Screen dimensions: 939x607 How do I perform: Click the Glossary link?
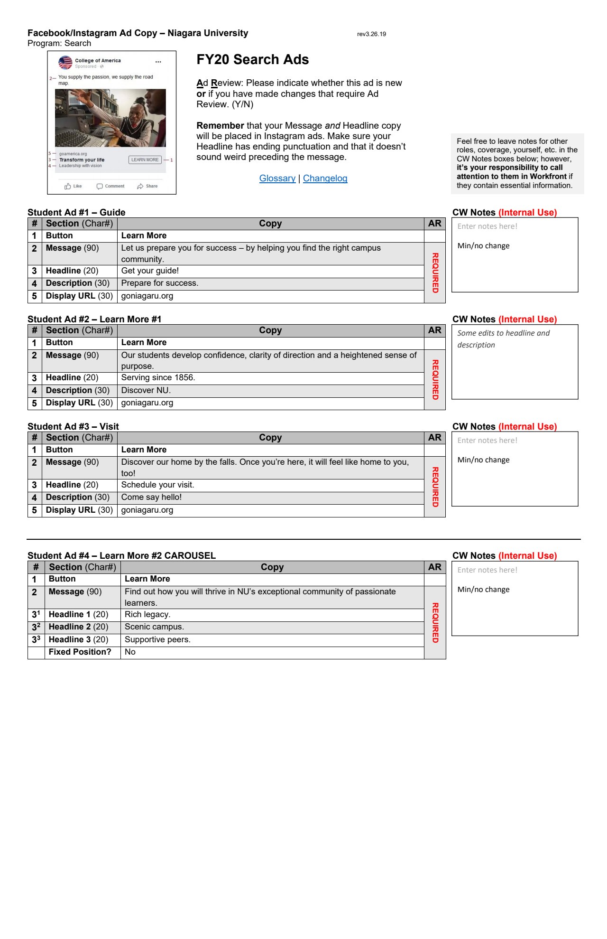[277, 178]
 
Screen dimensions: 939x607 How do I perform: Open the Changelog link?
[325, 178]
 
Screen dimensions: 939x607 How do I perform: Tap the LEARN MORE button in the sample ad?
[145, 160]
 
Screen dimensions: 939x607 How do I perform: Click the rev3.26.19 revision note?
[371, 34]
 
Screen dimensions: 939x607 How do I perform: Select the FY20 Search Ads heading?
[252, 60]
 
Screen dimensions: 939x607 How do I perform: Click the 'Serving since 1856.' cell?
[158, 378]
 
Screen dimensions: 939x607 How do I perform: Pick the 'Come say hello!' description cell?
[151, 498]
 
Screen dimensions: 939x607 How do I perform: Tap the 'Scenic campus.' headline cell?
[154, 627]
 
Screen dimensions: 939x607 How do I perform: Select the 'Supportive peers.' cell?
[157, 640]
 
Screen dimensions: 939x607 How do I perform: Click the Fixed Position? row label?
[80, 652]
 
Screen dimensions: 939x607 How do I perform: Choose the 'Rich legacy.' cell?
[147, 615]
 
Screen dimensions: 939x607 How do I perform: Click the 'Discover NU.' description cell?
[146, 391]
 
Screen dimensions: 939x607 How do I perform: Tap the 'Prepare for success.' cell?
[159, 283]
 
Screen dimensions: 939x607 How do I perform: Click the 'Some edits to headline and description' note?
[503, 339]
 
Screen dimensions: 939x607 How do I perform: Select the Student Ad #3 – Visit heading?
[73, 427]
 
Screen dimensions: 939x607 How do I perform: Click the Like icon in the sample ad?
[68, 187]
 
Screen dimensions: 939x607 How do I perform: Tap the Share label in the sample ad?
[151, 187]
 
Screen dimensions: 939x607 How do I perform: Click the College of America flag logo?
[65, 63]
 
